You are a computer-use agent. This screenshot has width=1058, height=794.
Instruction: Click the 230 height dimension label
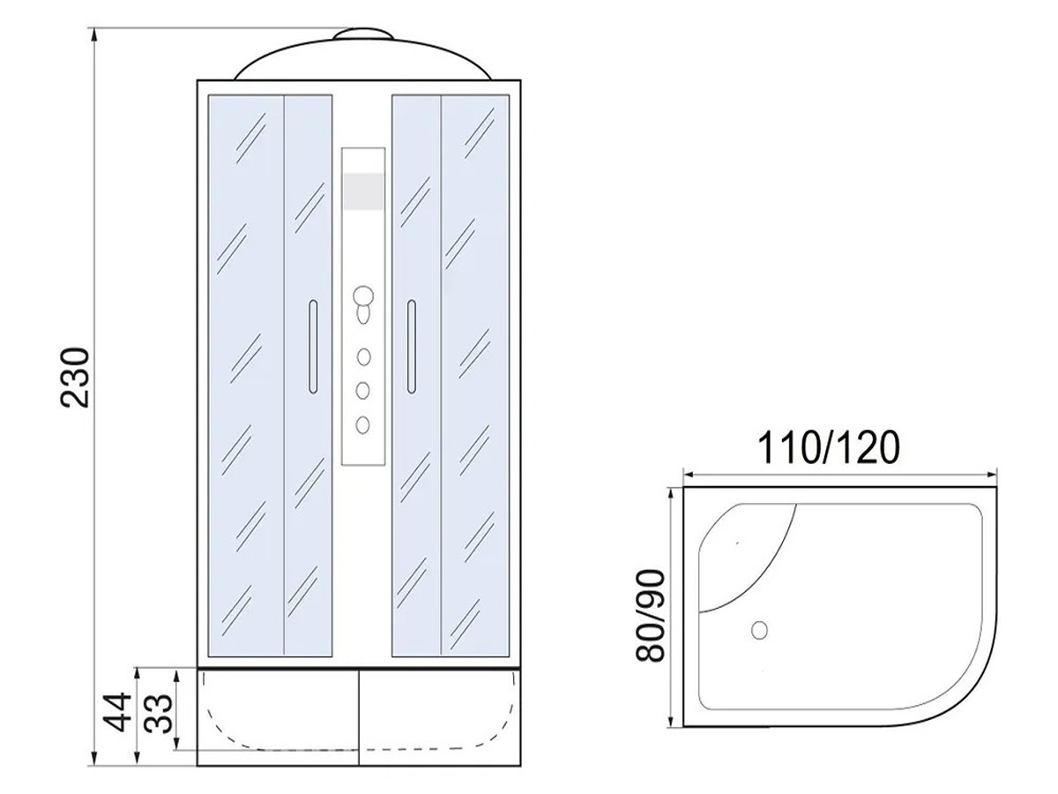pyautogui.click(x=76, y=378)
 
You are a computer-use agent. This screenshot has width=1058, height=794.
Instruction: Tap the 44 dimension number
pyautogui.click(x=117, y=713)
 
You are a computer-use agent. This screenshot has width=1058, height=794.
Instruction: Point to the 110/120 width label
pyautogui.click(x=829, y=447)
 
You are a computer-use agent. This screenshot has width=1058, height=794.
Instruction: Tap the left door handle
pyautogui.click(x=313, y=347)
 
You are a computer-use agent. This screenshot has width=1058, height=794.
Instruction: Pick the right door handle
pyautogui.click(x=411, y=347)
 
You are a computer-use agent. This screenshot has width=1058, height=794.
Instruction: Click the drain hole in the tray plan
pyautogui.click(x=759, y=630)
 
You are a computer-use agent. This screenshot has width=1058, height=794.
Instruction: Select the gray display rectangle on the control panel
pyautogui.click(x=363, y=191)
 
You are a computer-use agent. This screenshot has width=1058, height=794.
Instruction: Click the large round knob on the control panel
pyautogui.click(x=363, y=296)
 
